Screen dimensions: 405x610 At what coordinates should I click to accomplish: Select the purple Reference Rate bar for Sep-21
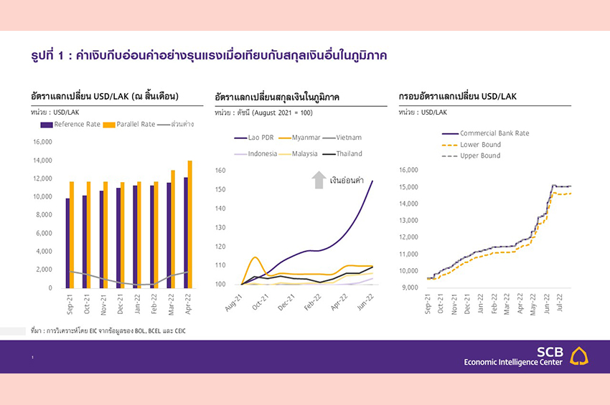pos(67,243)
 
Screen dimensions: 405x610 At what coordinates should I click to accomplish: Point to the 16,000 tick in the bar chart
pos(42,141)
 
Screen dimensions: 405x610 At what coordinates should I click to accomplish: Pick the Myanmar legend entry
pos(311,137)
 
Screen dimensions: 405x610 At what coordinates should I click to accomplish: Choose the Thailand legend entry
pos(343,153)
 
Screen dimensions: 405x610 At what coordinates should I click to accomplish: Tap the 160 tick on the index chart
pos(220,171)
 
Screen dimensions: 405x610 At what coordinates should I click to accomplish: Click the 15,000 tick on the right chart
pos(408,187)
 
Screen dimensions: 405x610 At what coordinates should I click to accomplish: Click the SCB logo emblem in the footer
pos(579,356)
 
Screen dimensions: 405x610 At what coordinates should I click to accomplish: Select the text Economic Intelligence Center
pos(513,361)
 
